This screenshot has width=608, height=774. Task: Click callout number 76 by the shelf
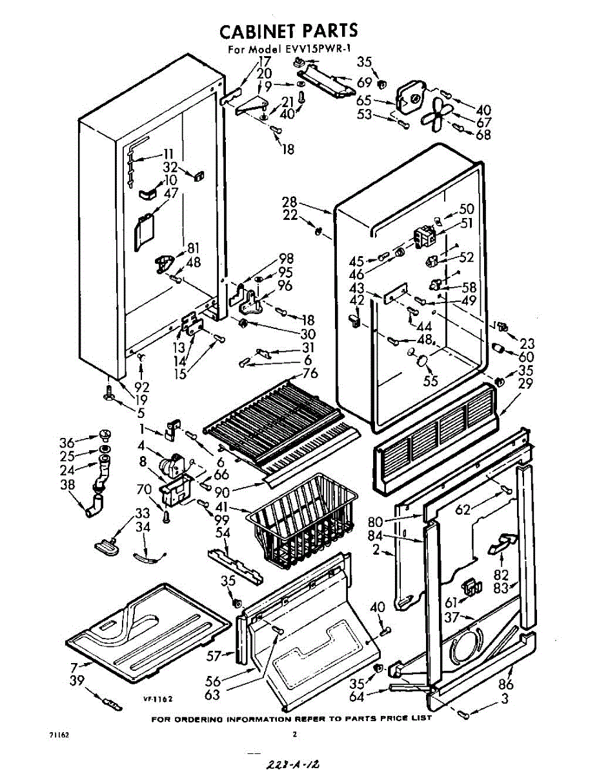(310, 373)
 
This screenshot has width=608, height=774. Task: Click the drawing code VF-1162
(158, 699)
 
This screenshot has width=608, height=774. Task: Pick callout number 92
(142, 388)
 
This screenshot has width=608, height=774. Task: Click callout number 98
(286, 259)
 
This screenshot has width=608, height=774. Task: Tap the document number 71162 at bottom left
(59, 735)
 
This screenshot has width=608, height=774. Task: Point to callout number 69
(365, 82)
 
